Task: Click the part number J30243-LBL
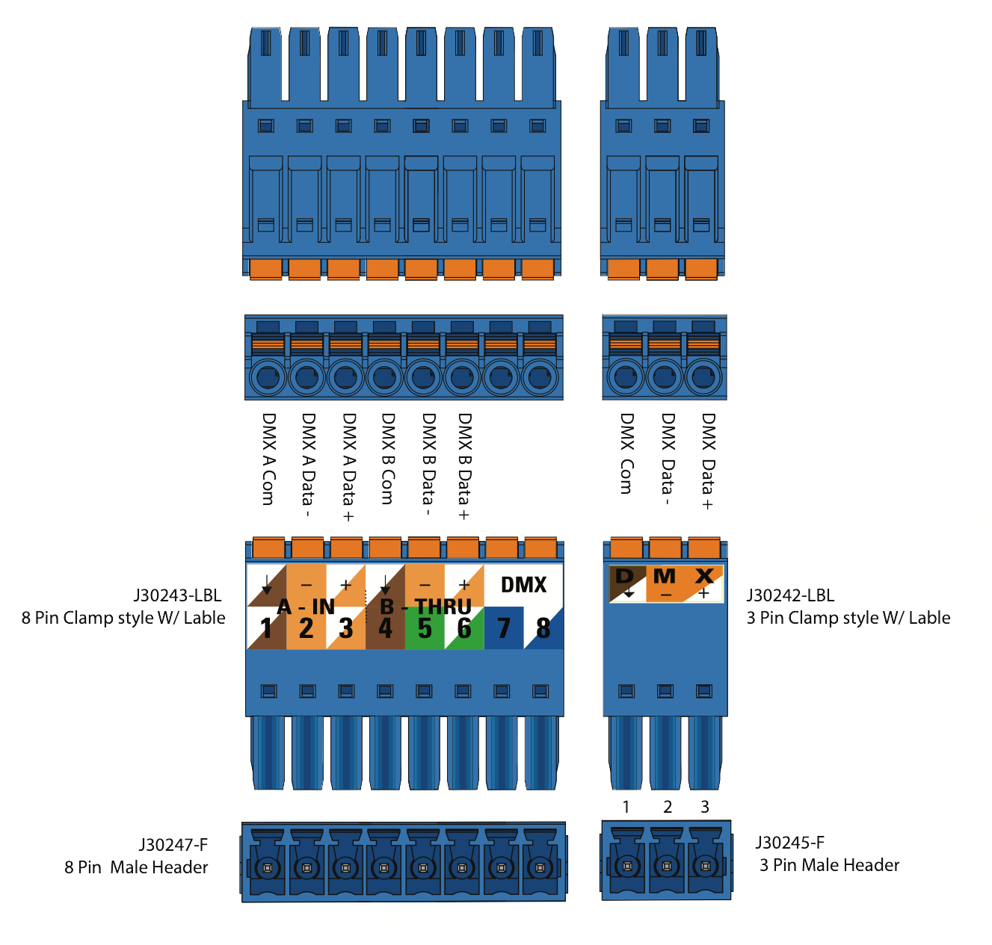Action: pyautogui.click(x=177, y=595)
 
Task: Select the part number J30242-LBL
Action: pyautogui.click(x=790, y=595)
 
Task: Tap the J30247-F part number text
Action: pyautogui.click(x=173, y=845)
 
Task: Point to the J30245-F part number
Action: pyautogui.click(x=790, y=843)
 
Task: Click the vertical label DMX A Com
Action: pyautogui.click(x=268, y=459)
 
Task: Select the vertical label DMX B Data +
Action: pyautogui.click(x=464, y=466)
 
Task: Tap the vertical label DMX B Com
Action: pyautogui.click(x=387, y=459)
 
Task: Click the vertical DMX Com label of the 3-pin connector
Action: pyautogui.click(x=626, y=454)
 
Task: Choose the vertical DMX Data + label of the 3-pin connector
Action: pyautogui.click(x=707, y=462)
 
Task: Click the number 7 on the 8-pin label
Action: pyautogui.click(x=504, y=629)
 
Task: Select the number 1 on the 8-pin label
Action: pyautogui.click(x=266, y=629)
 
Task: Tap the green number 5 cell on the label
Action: pyautogui.click(x=425, y=629)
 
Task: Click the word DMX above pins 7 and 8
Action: pyautogui.click(x=523, y=585)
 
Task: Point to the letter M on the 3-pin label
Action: pyautogui.click(x=664, y=577)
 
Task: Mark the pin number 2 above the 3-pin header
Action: pyautogui.click(x=667, y=807)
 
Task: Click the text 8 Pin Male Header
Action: pyautogui.click(x=136, y=867)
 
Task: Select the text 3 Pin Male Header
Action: pyautogui.click(x=829, y=865)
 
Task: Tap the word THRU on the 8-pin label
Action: pyautogui.click(x=443, y=606)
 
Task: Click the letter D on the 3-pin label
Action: pyautogui.click(x=625, y=577)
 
